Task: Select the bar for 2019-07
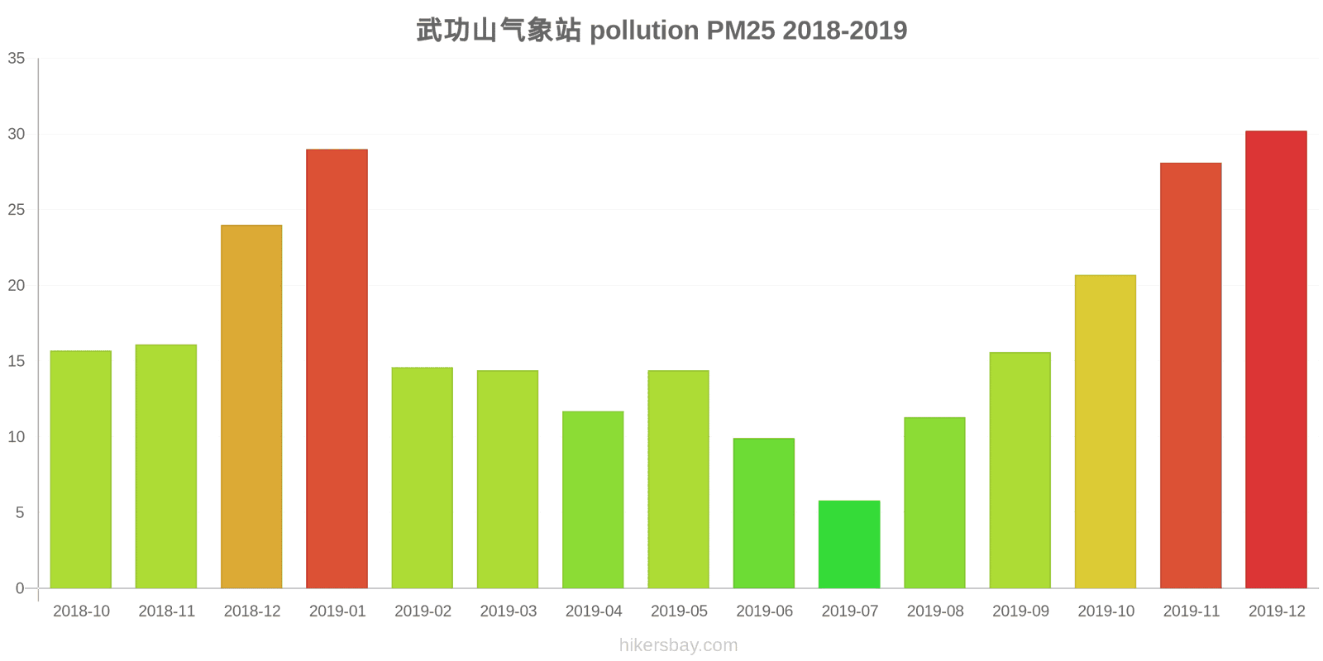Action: tap(849, 544)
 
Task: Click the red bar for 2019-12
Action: tap(1276, 359)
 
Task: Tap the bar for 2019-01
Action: tap(337, 369)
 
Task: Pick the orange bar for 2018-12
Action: tap(251, 407)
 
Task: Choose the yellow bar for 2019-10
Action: tap(1106, 431)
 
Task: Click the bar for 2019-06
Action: tap(764, 513)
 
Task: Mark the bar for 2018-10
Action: tap(81, 469)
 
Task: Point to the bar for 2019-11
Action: tap(1191, 375)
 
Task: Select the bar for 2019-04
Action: tap(593, 500)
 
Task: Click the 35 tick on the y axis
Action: tap(17, 59)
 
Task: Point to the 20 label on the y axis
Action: tap(17, 286)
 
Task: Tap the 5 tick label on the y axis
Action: tap(20, 513)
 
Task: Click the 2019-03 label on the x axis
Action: tap(508, 611)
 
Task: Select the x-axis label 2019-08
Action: tap(935, 611)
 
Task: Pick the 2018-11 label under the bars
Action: tap(166, 611)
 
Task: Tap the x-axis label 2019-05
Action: tap(679, 611)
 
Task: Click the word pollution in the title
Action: tap(643, 31)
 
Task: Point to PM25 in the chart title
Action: tap(740, 31)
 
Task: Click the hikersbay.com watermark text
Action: tap(678, 645)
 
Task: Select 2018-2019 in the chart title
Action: tap(844, 31)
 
